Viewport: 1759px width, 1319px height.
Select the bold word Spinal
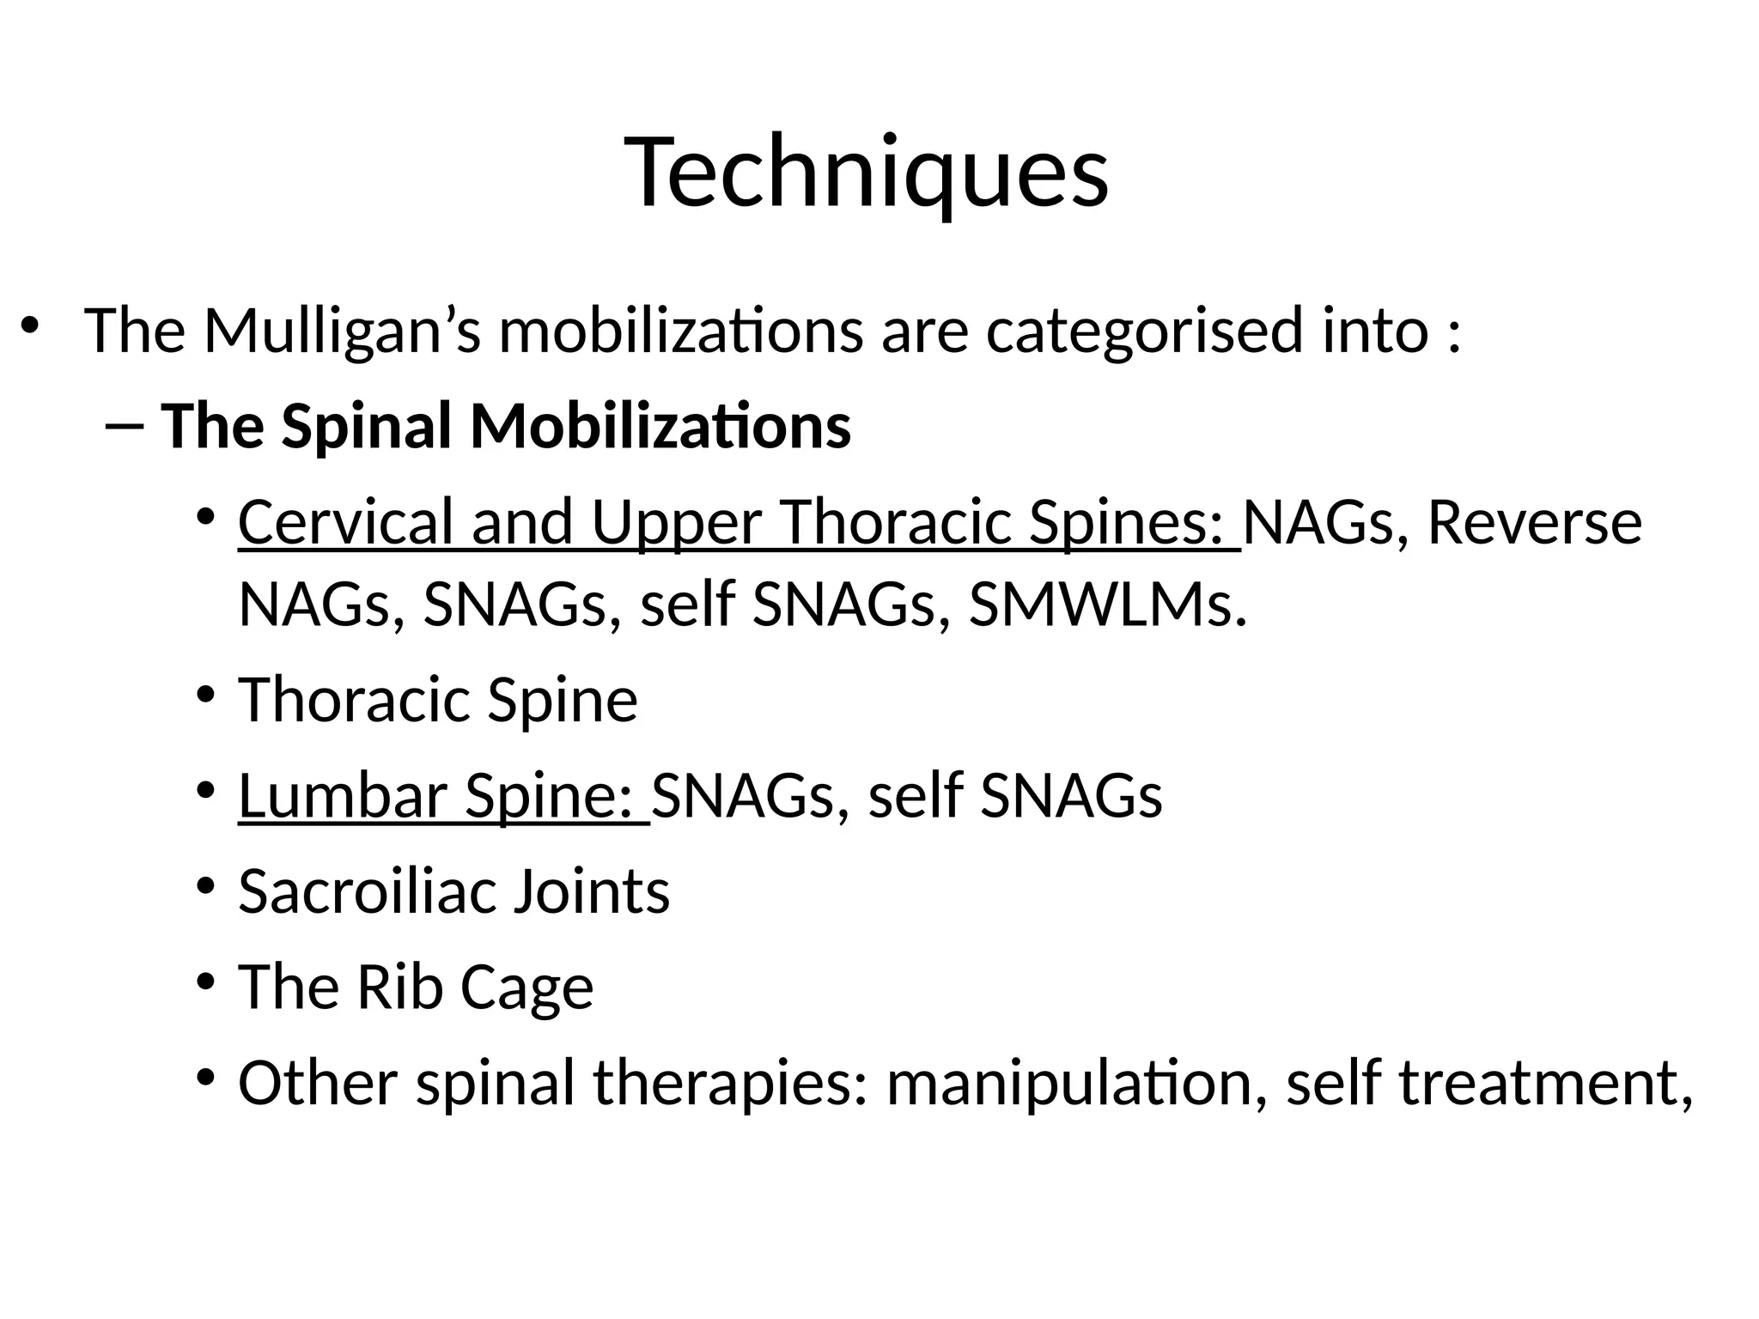pyautogui.click(x=366, y=427)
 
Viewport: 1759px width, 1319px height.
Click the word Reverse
pyautogui.click(x=1534, y=522)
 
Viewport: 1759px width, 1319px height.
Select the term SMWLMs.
pyautogui.click(x=1107, y=605)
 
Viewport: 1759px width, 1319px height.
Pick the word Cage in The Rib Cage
pyautogui.click(x=526, y=988)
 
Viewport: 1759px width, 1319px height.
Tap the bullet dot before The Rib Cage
pyautogui.click(x=204, y=981)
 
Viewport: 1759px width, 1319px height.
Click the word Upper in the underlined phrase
pyautogui.click(x=677, y=522)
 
